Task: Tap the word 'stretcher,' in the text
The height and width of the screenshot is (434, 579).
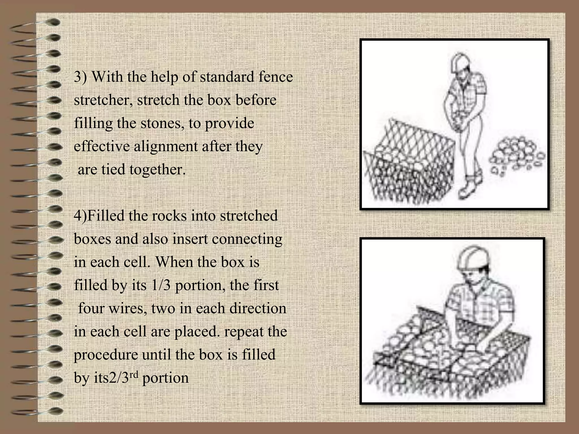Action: (104, 100)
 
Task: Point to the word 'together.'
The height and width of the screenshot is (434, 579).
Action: (157, 170)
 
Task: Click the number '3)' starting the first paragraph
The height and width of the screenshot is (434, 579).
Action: (81, 77)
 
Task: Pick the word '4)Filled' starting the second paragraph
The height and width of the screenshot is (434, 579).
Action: (99, 216)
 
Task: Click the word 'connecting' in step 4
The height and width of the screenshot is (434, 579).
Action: (247, 239)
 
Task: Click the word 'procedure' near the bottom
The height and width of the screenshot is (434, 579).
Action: (106, 355)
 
